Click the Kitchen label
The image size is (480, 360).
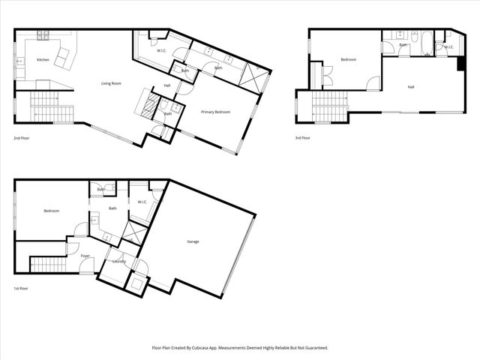pos(43,60)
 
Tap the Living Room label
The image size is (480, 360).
pos(112,83)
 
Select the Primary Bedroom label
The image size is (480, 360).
pos(216,112)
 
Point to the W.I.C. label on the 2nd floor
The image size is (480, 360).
pos(161,50)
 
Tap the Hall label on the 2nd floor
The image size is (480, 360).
pos(167,85)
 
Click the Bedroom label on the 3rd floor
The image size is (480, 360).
pos(348,60)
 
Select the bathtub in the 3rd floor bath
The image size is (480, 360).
pos(426,43)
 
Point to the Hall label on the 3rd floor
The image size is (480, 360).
pos(411,87)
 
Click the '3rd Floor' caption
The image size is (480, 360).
pos(303,138)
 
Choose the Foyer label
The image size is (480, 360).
pos(85,256)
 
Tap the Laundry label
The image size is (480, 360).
pos(118,261)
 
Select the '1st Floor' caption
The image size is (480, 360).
pos(21,288)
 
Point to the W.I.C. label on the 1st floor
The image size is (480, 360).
pos(142,202)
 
